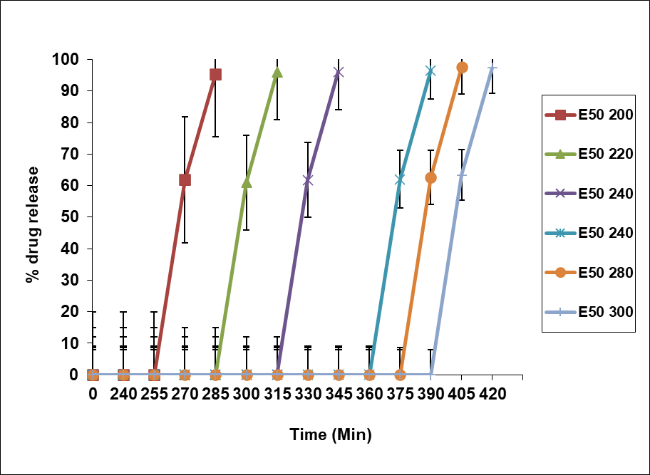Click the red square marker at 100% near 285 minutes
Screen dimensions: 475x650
215,74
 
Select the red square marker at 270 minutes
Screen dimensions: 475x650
185,179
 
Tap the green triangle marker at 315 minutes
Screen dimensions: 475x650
277,72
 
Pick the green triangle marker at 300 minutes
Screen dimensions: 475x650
247,182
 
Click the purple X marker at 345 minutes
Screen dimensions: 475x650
339,72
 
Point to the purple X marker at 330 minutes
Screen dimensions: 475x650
308,180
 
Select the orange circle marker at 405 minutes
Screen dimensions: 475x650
462,68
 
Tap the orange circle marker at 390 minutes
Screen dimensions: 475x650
430,177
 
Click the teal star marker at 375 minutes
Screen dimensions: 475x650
400,180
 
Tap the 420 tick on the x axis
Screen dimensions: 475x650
492,394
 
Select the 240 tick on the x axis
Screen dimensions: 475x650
123,394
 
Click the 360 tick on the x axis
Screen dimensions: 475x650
369,394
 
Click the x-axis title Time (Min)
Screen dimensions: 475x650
331,434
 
